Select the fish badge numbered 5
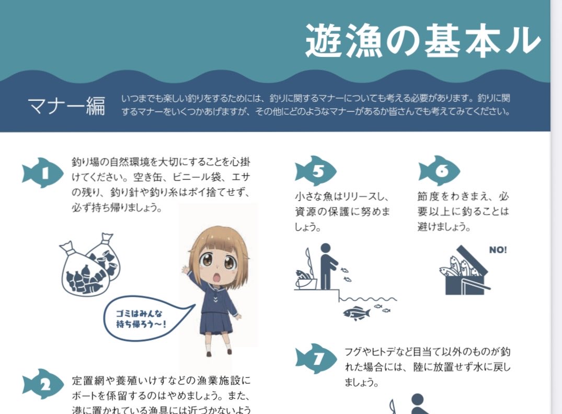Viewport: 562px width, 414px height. pos(316,170)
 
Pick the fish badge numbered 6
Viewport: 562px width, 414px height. pos(439,170)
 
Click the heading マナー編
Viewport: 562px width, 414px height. pos(66,105)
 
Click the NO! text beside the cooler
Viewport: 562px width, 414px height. pos(498,250)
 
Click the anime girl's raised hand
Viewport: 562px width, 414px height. pos(185,271)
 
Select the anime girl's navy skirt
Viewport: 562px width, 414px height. pos(215,324)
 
